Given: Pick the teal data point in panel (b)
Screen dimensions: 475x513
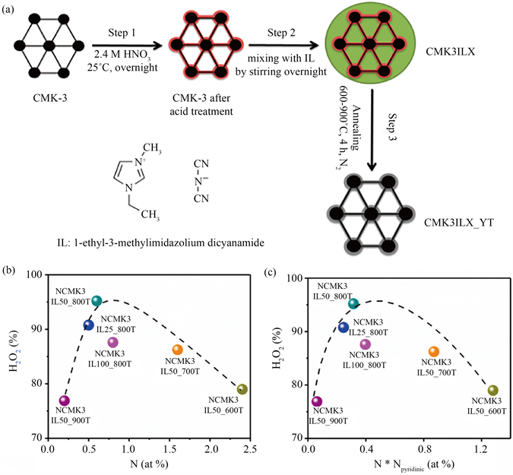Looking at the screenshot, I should [97, 301].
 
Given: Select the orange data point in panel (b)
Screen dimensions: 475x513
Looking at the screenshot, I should [178, 350].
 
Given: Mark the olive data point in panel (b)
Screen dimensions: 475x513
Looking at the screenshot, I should [242, 389].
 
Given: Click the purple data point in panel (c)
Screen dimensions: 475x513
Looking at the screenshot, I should [317, 401].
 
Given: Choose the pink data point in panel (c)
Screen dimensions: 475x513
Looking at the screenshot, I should [366, 344].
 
